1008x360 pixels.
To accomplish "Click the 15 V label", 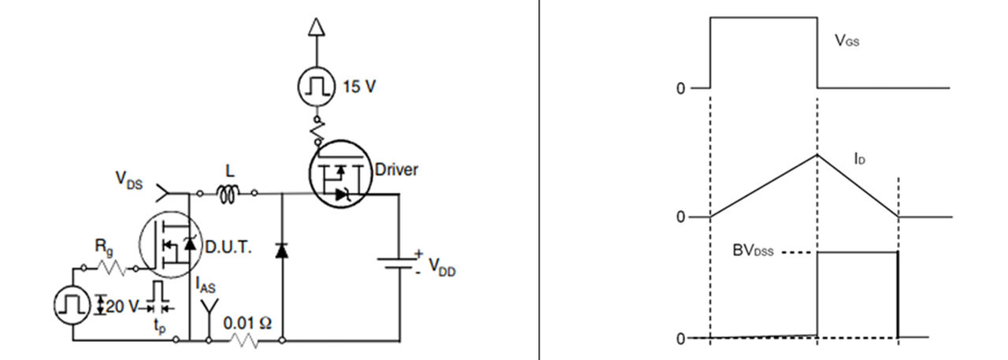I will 359,86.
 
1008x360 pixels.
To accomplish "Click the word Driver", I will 396,169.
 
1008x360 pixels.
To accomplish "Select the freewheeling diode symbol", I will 282,251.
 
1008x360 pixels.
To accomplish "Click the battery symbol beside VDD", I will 398,262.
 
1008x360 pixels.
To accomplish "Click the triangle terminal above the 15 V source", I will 317,28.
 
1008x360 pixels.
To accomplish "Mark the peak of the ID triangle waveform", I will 817,154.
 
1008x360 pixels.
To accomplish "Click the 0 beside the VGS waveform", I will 680,88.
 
